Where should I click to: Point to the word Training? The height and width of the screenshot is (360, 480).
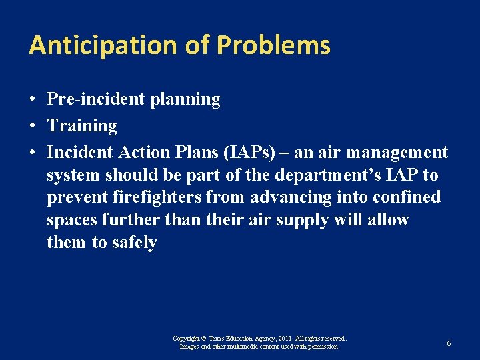point(81,125)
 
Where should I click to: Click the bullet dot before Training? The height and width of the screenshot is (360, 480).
point(33,126)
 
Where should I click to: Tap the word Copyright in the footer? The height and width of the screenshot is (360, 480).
point(186,339)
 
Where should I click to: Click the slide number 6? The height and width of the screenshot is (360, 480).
point(449,343)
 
